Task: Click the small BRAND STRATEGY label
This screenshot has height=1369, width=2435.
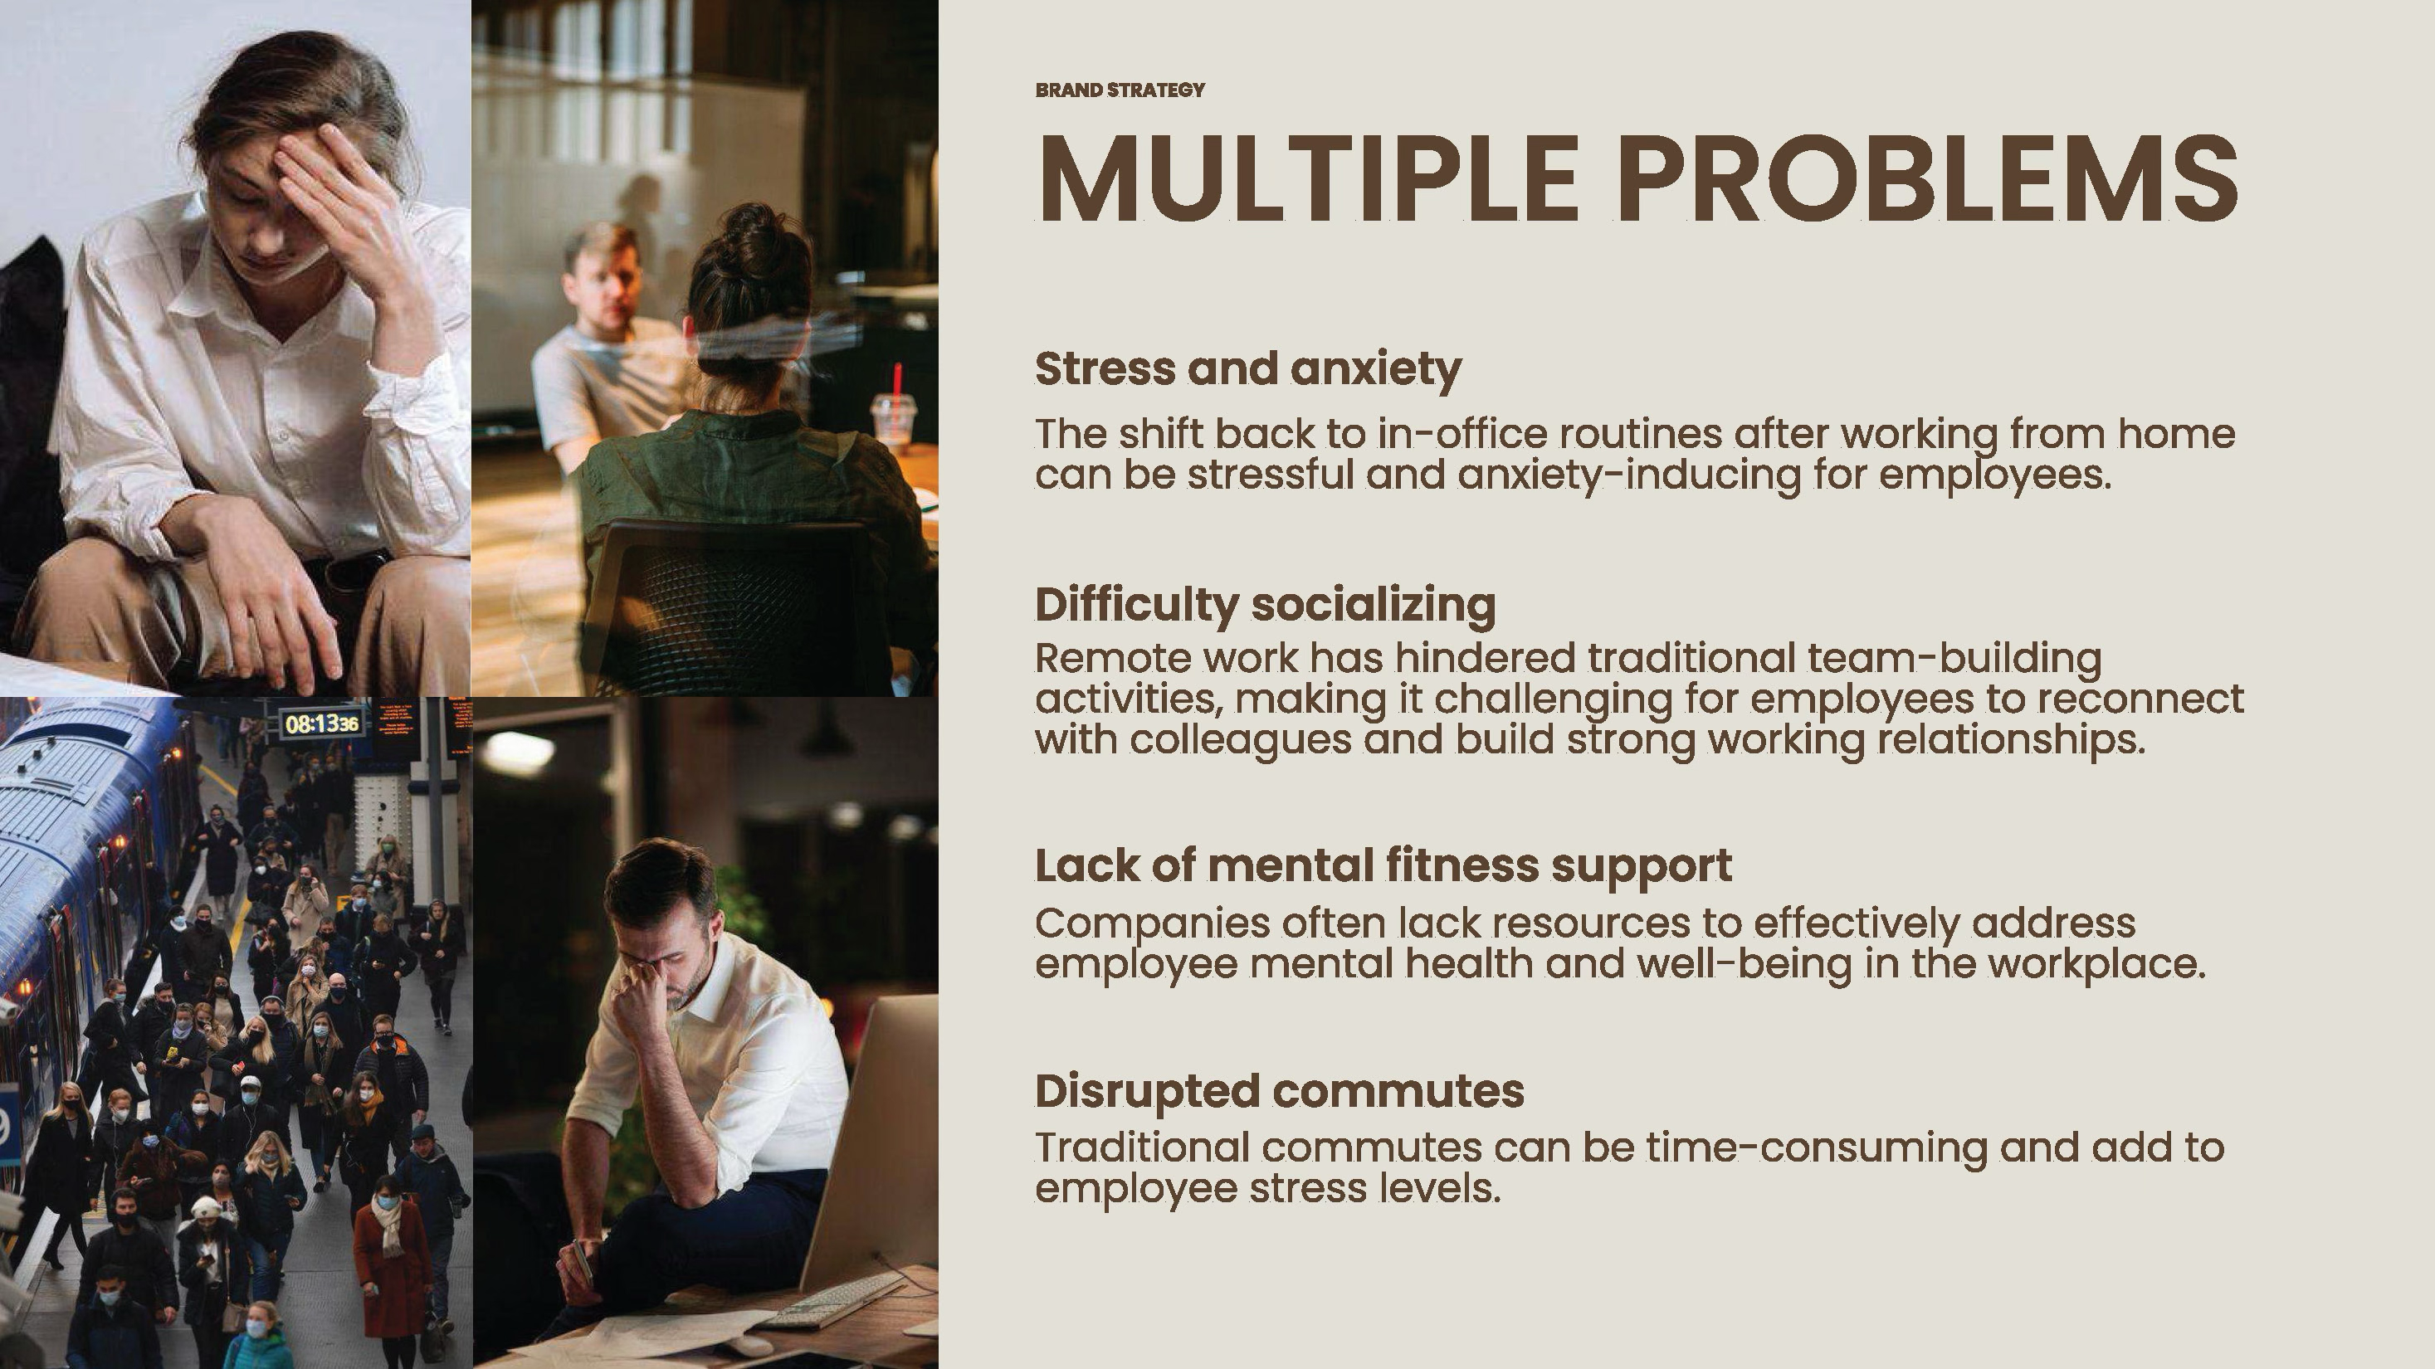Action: click(1120, 90)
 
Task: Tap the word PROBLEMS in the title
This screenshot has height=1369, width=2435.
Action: click(1929, 177)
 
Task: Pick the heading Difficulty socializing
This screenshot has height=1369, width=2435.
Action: click(1266, 604)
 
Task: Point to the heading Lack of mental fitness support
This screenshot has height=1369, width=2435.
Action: click(1383, 865)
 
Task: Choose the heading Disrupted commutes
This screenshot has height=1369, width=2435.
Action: click(1280, 1090)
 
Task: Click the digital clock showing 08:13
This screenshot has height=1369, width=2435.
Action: click(321, 723)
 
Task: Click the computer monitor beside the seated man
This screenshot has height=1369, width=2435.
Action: click(870, 1133)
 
